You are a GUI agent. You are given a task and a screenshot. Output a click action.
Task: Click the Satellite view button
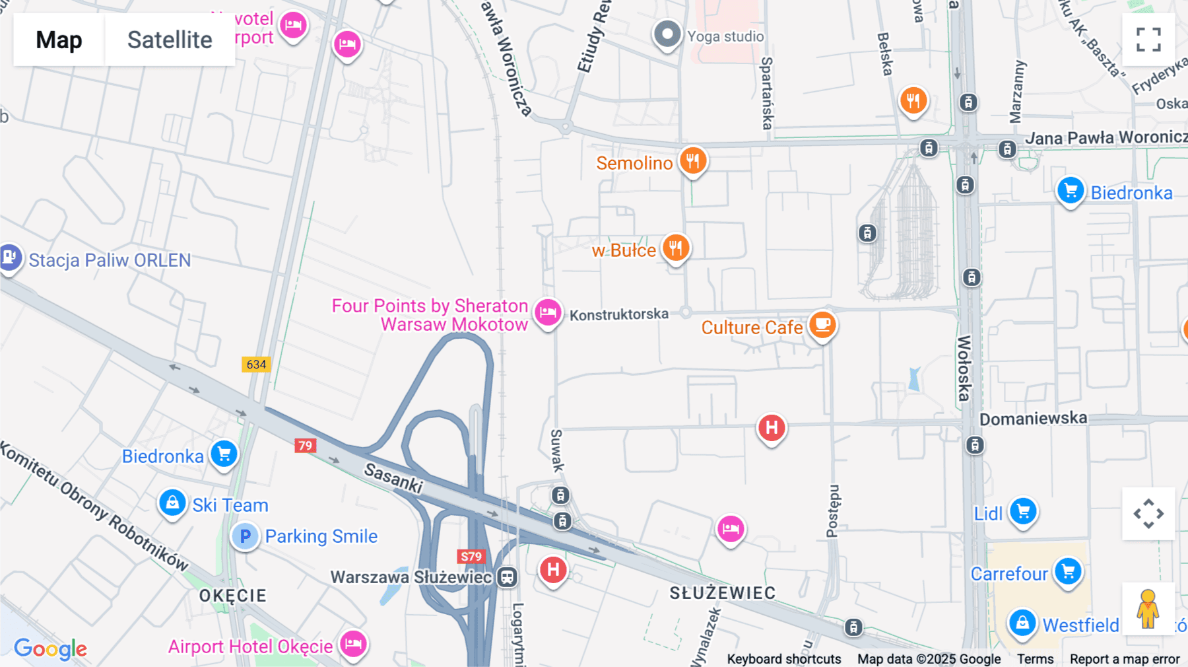(170, 40)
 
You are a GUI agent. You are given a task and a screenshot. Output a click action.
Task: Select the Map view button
(59, 40)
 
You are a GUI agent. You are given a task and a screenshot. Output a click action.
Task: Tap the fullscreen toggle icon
(1148, 40)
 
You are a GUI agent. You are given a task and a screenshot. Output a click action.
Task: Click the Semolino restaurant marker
(692, 160)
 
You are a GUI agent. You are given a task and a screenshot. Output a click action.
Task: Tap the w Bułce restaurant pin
(675, 248)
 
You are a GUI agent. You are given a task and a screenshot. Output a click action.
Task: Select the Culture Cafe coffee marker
(822, 324)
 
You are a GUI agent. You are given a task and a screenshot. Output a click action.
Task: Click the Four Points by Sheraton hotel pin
(547, 312)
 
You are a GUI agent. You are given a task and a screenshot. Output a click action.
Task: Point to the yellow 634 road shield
(256, 365)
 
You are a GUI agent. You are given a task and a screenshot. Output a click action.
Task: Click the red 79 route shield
(305, 446)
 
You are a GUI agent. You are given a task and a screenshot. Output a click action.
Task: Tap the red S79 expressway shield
(471, 557)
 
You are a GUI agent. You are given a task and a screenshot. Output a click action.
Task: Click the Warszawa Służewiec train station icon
(507, 577)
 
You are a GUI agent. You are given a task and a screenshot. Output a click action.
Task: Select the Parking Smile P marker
(245, 536)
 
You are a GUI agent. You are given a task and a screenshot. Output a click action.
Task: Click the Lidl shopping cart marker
(1023, 511)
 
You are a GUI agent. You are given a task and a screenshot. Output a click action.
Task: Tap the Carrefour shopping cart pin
(1068, 571)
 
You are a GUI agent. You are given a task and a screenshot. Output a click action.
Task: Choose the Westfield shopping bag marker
(1022, 623)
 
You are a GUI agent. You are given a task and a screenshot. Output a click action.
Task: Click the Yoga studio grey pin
(667, 34)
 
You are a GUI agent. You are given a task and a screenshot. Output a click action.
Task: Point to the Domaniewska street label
(1033, 419)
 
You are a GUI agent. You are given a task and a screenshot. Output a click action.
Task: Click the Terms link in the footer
(1035, 659)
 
